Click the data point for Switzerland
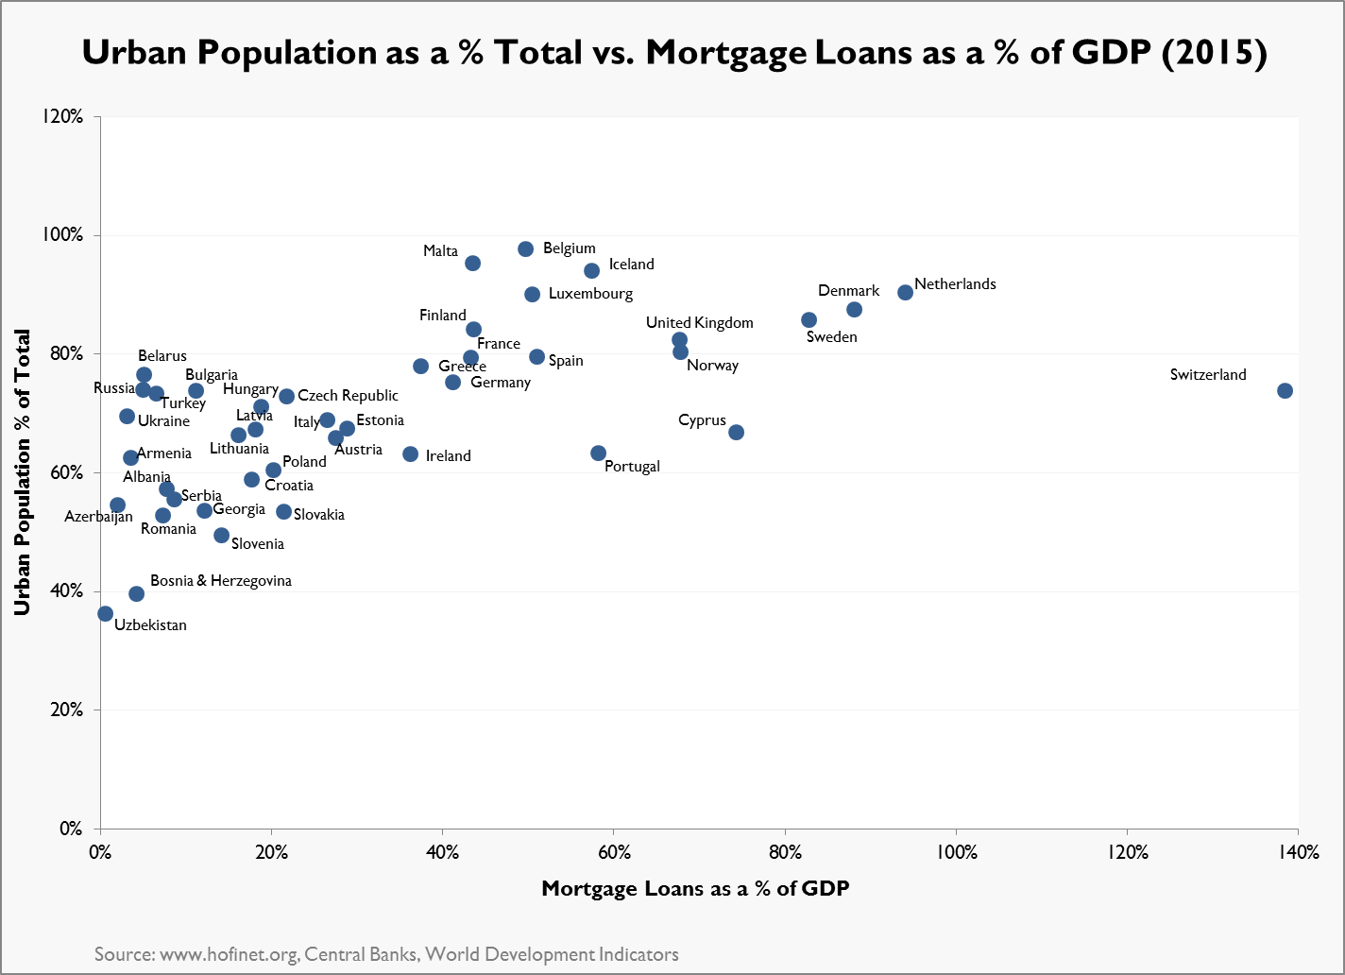[x=1285, y=390]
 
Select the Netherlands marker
[x=905, y=292]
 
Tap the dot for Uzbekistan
[x=105, y=613]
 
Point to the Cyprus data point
[x=736, y=432]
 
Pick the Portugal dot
[x=598, y=453]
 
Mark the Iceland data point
[x=591, y=270]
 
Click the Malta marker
[x=472, y=263]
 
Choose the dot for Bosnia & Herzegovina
[x=136, y=593]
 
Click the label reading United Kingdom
[x=699, y=323]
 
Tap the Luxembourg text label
[x=590, y=294]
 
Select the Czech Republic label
[x=348, y=396]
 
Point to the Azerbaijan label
[x=98, y=517]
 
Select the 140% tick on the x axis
[x=1298, y=852]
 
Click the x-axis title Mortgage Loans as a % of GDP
[x=695, y=888]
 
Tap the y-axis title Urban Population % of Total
[x=22, y=472]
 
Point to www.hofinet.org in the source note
[x=230, y=954]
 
